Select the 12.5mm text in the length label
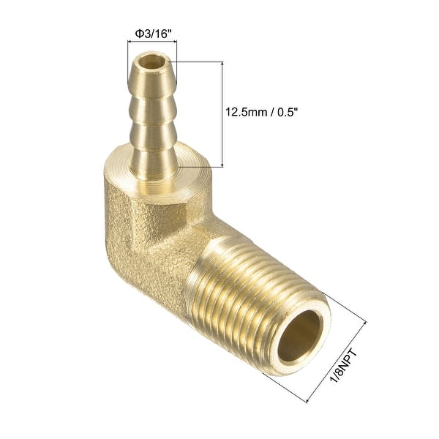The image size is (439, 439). (247, 112)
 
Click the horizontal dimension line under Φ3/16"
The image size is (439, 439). (152, 46)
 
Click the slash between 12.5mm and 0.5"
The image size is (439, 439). (269, 112)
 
